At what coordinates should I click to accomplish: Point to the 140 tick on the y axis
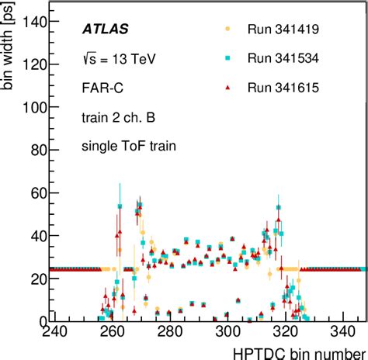[30, 22]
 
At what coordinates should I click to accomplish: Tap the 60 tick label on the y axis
[33, 192]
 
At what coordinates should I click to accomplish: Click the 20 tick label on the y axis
[33, 278]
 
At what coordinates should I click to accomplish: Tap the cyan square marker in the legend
[227, 58]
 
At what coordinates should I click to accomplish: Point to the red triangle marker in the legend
[227, 88]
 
